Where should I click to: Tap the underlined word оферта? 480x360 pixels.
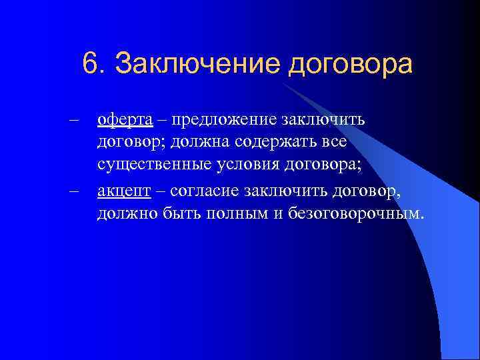[125, 120]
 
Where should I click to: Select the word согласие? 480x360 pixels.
[203, 192]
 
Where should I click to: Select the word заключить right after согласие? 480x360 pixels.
[278, 192]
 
